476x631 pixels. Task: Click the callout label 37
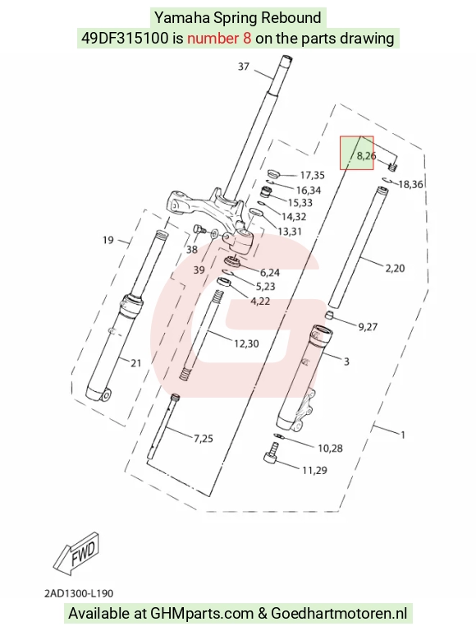(x=244, y=67)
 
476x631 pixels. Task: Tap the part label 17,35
(x=313, y=175)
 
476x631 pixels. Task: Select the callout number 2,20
(x=395, y=268)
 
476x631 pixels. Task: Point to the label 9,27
(x=368, y=326)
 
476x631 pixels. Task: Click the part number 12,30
(x=246, y=343)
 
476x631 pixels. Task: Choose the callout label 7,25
(x=204, y=438)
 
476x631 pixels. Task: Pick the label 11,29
(x=314, y=470)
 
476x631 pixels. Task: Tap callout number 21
(x=136, y=363)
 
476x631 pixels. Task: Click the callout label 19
(x=108, y=240)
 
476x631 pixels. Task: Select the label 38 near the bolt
(x=192, y=250)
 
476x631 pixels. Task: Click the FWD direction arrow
(x=76, y=553)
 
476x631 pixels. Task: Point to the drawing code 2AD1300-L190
(x=79, y=593)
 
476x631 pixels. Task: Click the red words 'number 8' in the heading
(x=219, y=39)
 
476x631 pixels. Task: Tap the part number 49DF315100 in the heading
(x=125, y=39)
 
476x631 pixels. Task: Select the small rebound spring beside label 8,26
(x=393, y=165)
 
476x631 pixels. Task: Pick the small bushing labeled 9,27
(x=330, y=315)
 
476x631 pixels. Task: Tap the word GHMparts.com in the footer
(x=202, y=614)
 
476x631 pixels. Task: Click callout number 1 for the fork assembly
(x=403, y=435)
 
